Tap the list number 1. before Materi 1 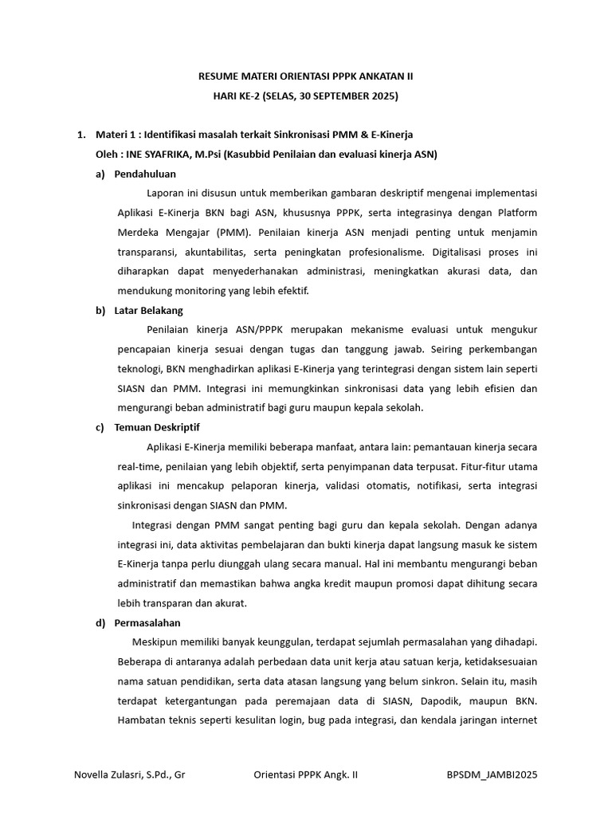[x=80, y=134]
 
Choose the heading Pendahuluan [x=145, y=174]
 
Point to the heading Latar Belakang [x=148, y=311]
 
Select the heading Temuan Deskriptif [x=157, y=427]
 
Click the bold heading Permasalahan [x=147, y=622]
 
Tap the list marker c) [x=100, y=427]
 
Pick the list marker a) [x=100, y=174]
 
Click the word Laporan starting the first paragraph [x=167, y=193]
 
